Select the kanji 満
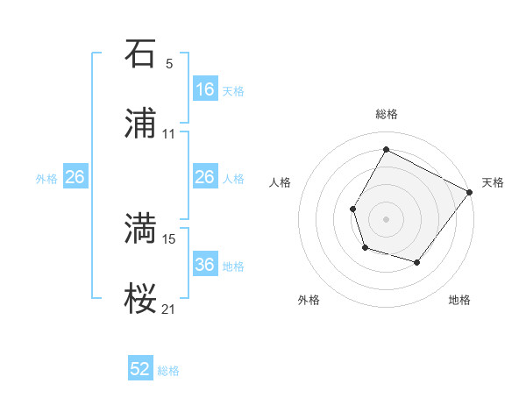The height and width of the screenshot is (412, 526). [x=140, y=229]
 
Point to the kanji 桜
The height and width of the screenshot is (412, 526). [x=140, y=299]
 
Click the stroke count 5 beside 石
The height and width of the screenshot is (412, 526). [x=169, y=63]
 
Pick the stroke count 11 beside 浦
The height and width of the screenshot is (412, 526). [x=168, y=134]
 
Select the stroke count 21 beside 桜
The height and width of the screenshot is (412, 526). [x=168, y=309]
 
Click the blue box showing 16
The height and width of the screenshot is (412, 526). [x=204, y=89]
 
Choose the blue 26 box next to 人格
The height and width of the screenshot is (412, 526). [x=204, y=177]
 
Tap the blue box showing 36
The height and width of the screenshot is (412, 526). [x=204, y=265]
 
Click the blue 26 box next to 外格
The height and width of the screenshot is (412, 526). [x=75, y=177]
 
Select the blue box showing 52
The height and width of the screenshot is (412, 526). [x=140, y=369]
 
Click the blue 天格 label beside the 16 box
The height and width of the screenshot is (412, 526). [x=232, y=90]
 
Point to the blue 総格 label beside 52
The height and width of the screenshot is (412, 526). [x=168, y=370]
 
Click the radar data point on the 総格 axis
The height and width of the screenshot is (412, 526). [x=386, y=149]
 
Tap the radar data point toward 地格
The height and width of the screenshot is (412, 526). [x=417, y=262]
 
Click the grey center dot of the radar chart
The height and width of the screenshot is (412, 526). [x=386, y=218]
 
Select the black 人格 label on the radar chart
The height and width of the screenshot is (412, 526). [x=280, y=182]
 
